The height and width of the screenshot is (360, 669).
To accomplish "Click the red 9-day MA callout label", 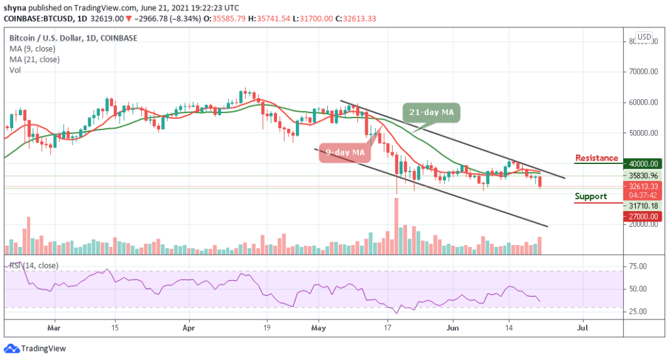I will click(x=344, y=153).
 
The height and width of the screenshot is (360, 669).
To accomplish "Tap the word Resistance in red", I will click(x=596, y=158).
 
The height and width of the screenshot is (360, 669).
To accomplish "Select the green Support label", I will click(x=591, y=196).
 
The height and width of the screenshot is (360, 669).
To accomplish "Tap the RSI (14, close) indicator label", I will click(x=33, y=265).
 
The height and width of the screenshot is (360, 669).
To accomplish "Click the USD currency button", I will click(x=644, y=37).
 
